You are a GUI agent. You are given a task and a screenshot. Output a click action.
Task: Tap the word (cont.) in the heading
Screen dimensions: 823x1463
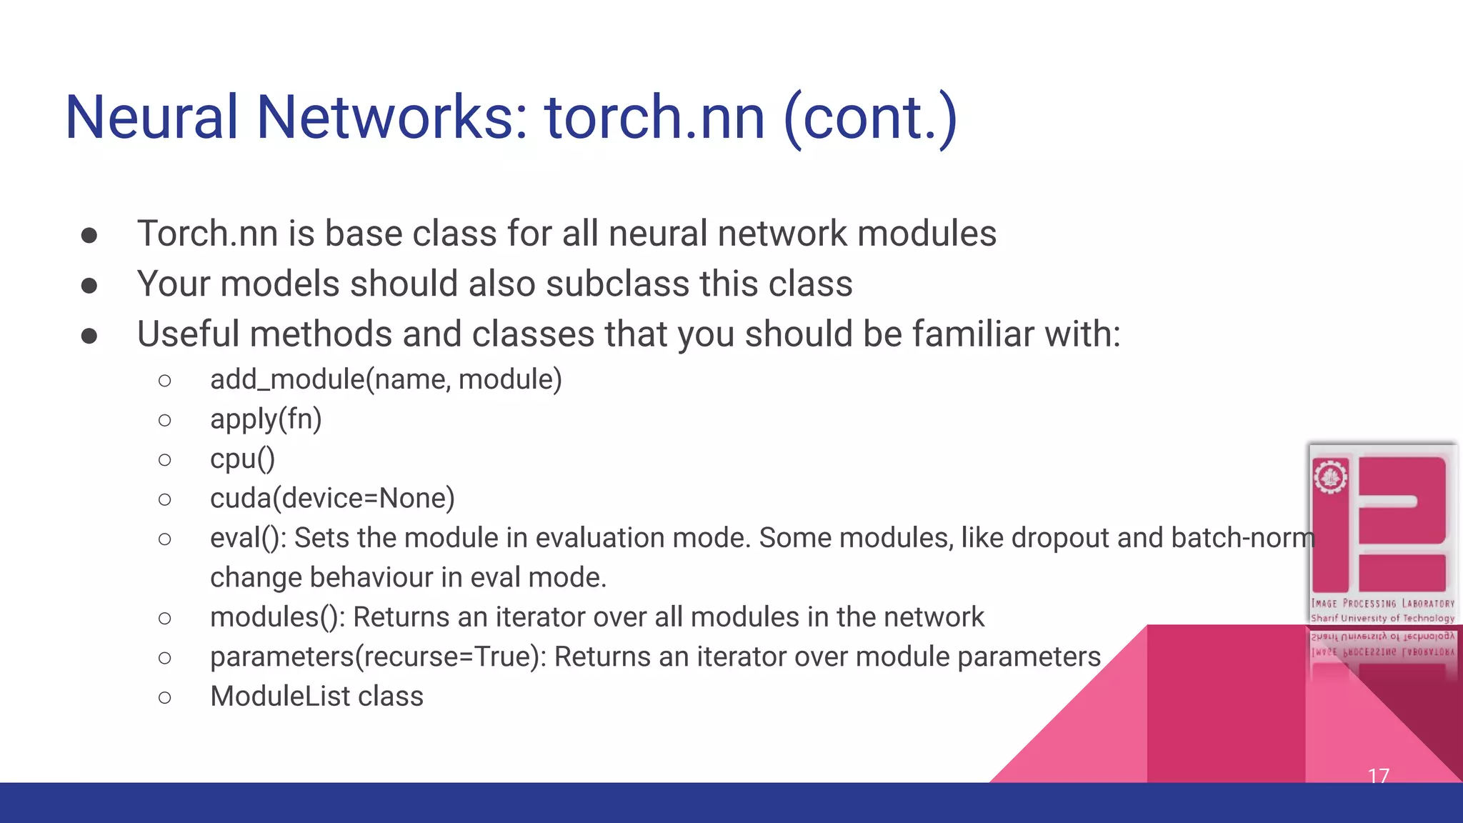pos(870,117)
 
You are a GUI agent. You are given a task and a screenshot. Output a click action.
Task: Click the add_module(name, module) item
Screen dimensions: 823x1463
pos(386,379)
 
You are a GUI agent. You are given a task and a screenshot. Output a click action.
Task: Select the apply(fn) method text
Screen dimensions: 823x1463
pos(266,419)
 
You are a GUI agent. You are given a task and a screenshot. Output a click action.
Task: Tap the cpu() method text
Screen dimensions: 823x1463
pos(242,459)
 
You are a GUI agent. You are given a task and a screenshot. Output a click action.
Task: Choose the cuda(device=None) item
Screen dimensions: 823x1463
pos(332,498)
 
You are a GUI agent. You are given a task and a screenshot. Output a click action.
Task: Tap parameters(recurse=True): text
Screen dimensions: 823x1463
pos(378,657)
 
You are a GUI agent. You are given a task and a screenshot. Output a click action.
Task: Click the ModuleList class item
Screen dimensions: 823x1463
pos(316,697)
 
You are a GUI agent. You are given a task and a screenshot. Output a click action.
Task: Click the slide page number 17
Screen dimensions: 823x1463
pos(1378,775)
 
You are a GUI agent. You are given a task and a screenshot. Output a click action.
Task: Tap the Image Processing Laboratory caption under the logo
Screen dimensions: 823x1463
pos(1382,604)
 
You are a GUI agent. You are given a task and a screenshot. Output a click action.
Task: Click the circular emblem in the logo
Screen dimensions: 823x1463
pos(1330,477)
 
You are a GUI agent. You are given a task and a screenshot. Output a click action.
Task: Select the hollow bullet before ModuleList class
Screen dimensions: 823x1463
pos(165,697)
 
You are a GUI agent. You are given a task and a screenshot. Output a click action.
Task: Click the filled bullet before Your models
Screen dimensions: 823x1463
pos(89,286)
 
